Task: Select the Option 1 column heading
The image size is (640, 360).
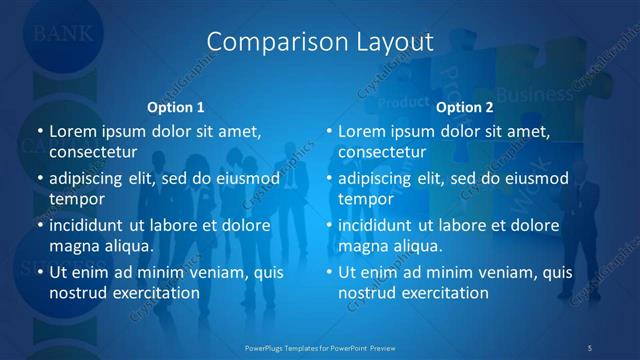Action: [x=176, y=107]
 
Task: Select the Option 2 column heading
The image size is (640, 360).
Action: [x=465, y=107]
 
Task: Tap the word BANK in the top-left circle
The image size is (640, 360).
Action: [x=64, y=33]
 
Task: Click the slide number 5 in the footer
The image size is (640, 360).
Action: [x=590, y=347]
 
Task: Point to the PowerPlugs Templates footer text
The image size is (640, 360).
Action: [x=320, y=347]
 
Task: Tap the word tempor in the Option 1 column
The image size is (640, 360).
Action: [x=76, y=199]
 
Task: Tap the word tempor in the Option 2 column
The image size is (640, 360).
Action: [x=365, y=199]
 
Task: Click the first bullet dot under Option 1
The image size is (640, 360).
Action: [x=39, y=131]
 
